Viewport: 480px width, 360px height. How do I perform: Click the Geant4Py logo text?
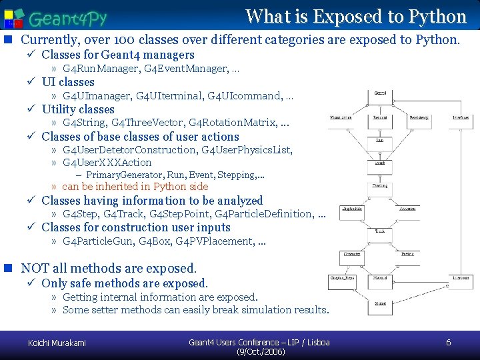[67, 18]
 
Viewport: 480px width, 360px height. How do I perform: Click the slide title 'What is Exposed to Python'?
[355, 16]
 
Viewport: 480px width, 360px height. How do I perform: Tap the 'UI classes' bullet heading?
[68, 82]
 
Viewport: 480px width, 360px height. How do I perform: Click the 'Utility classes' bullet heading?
[78, 109]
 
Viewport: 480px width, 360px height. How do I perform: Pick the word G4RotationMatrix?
[231, 123]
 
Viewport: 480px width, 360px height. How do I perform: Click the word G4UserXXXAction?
[107, 162]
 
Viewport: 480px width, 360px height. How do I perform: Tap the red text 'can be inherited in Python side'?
[135, 187]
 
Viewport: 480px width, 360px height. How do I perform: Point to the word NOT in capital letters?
[36, 269]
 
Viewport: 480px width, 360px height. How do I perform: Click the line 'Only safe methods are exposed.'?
[125, 283]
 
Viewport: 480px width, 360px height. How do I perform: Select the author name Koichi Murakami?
[57, 343]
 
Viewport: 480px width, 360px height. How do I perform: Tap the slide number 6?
[448, 343]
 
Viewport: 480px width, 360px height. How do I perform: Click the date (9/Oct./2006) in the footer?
[261, 351]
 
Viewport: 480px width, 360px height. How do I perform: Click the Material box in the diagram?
[380, 278]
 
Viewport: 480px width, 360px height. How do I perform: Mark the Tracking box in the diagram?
[380, 186]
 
